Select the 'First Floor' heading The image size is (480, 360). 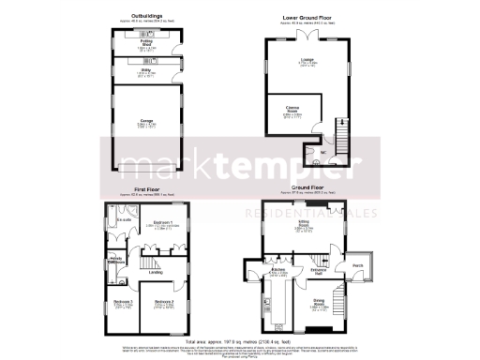[147, 189]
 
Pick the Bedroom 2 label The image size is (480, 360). [165, 301]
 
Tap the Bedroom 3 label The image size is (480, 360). [117, 301]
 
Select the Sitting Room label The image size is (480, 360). [306, 224]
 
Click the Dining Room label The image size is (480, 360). [320, 304]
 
